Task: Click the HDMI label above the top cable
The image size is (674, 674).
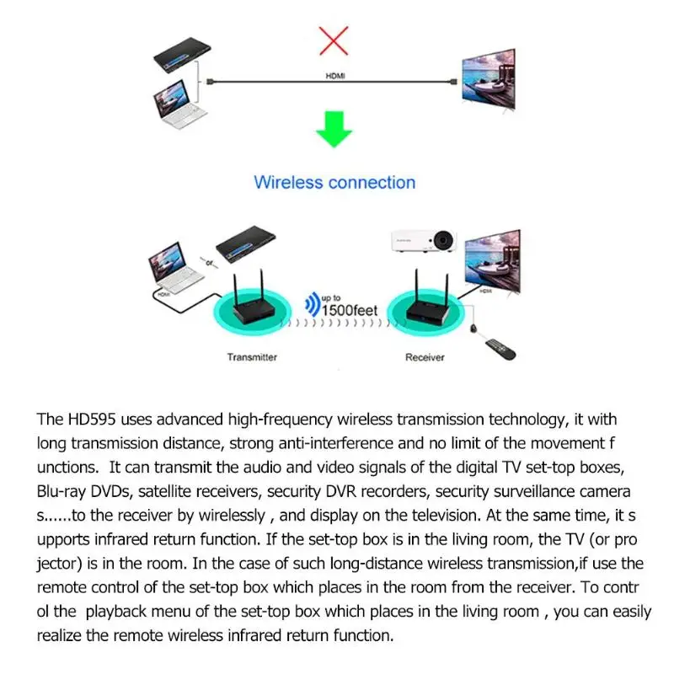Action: click(335, 76)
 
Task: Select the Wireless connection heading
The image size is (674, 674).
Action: click(334, 182)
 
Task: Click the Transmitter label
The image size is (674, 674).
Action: click(252, 357)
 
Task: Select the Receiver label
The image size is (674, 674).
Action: click(425, 357)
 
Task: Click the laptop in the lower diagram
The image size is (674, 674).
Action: click(175, 264)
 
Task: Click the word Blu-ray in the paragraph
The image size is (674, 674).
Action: click(62, 489)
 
